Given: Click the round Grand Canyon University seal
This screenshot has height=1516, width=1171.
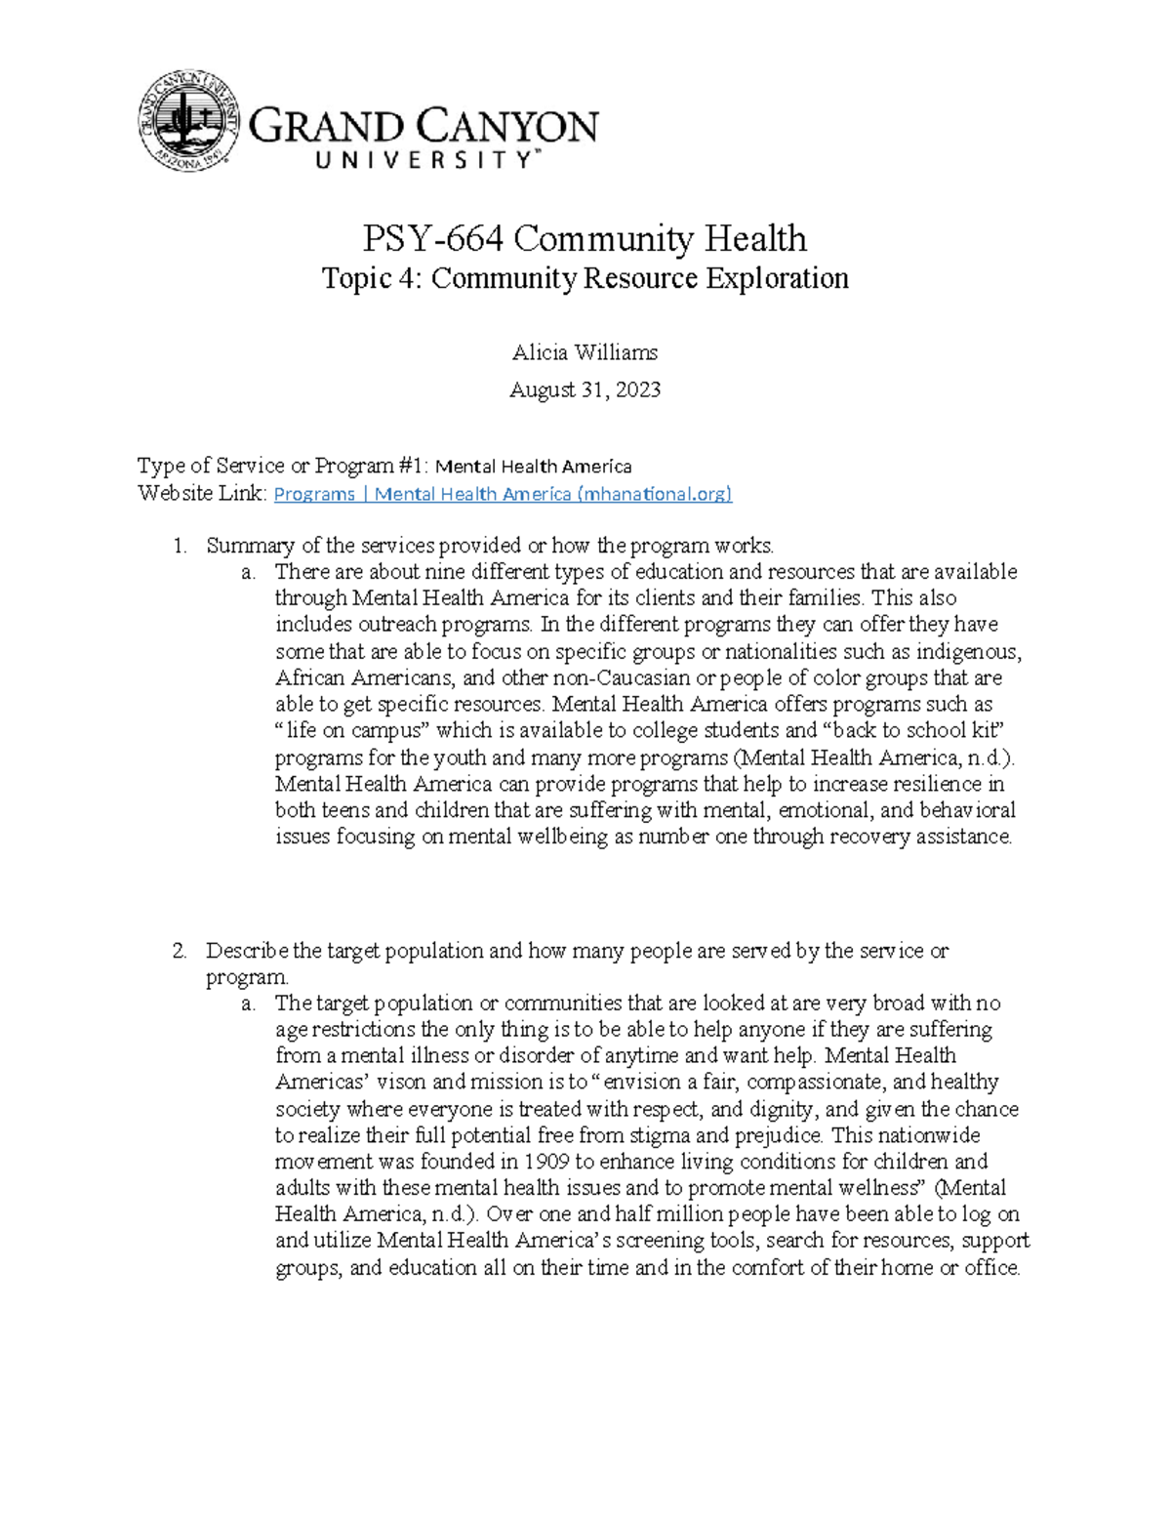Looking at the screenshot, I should click(188, 121).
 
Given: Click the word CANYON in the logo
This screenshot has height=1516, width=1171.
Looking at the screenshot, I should click(509, 128).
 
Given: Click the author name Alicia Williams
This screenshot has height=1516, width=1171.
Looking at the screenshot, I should click(585, 352).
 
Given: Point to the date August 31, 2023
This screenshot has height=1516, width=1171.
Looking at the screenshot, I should click(585, 389).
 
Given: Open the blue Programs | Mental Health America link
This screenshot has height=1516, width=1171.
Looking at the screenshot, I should click(503, 494).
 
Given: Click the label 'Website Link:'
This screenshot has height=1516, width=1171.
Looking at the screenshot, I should click(202, 493).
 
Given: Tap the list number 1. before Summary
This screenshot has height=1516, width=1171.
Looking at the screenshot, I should click(180, 546).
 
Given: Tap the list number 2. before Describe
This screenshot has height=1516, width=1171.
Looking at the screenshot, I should click(180, 951).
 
